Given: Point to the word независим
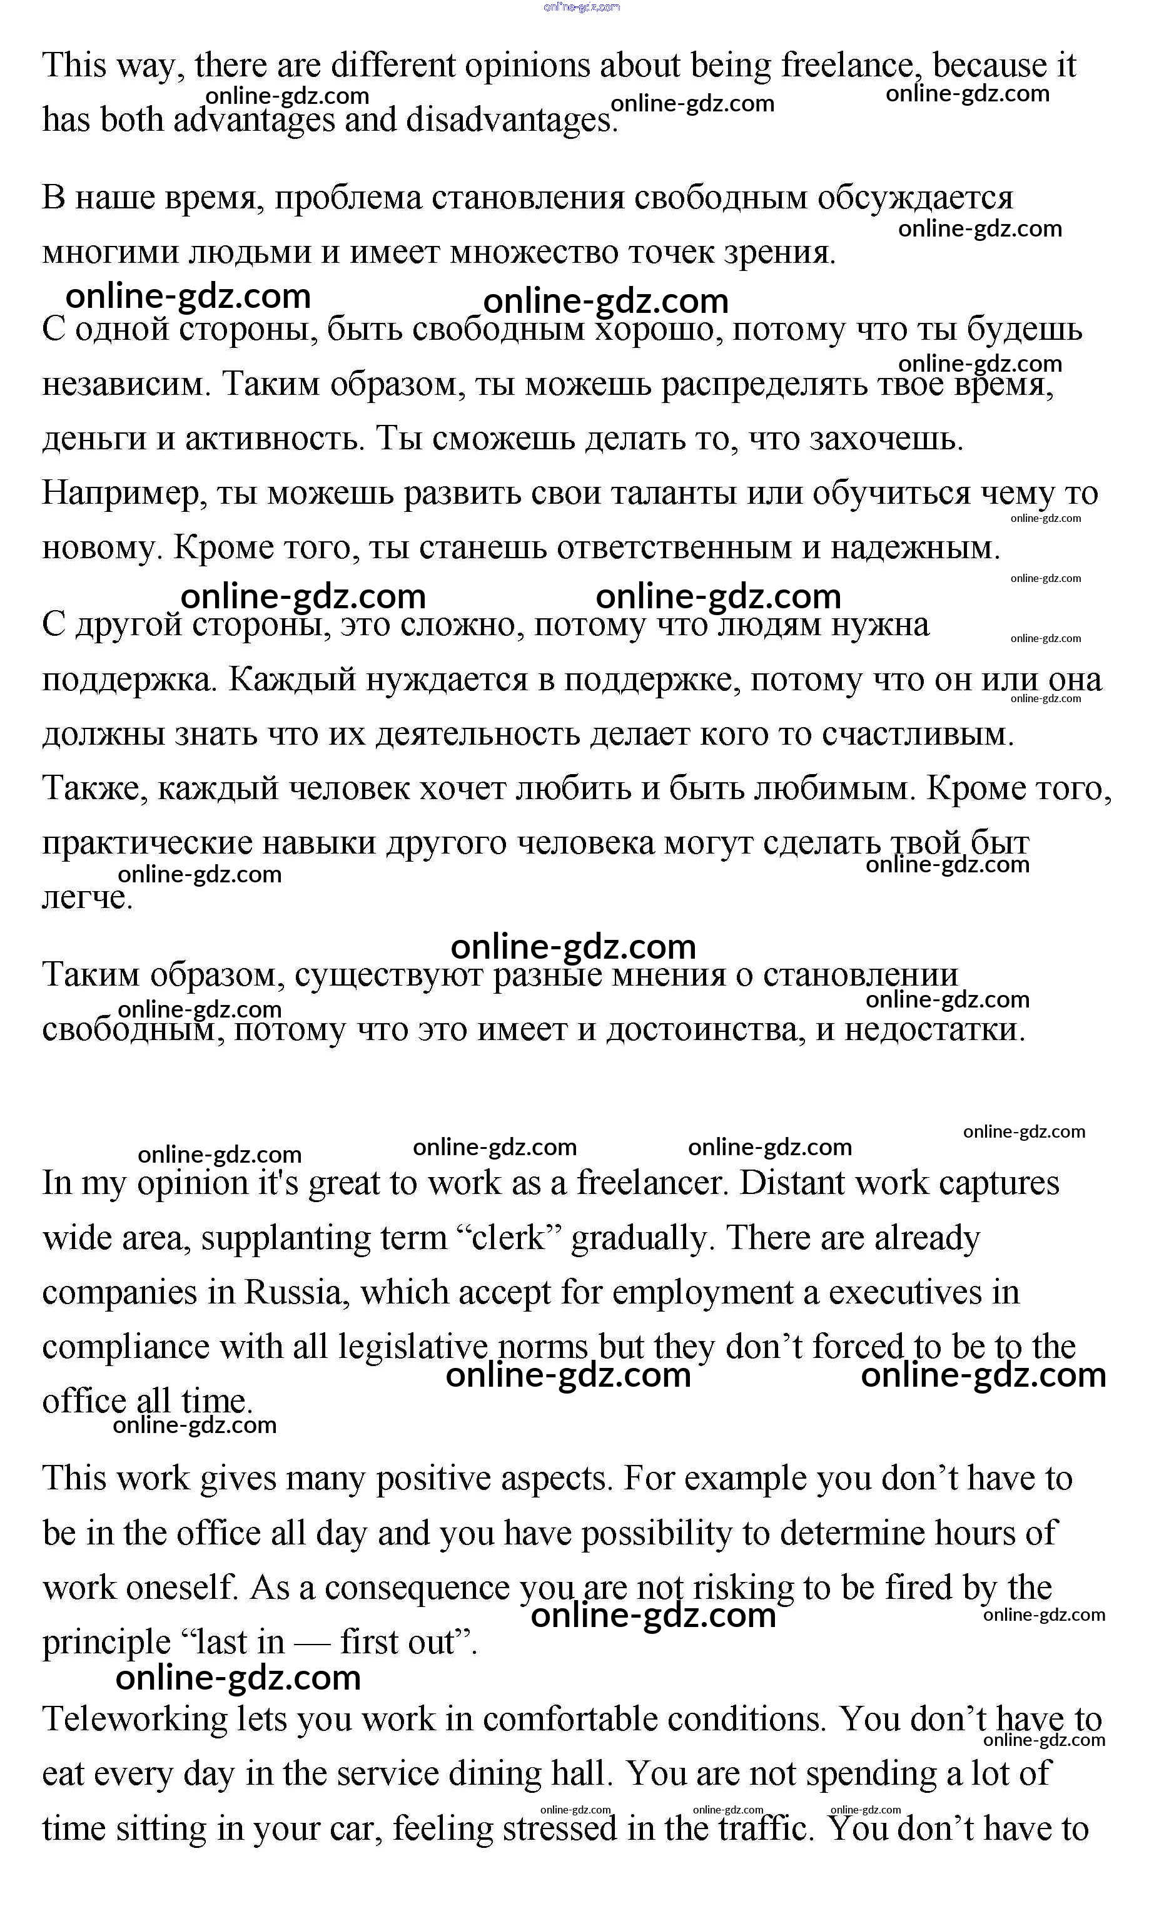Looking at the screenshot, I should (126, 384).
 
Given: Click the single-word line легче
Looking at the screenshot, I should (87, 897).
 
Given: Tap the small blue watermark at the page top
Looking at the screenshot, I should (582, 7).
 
